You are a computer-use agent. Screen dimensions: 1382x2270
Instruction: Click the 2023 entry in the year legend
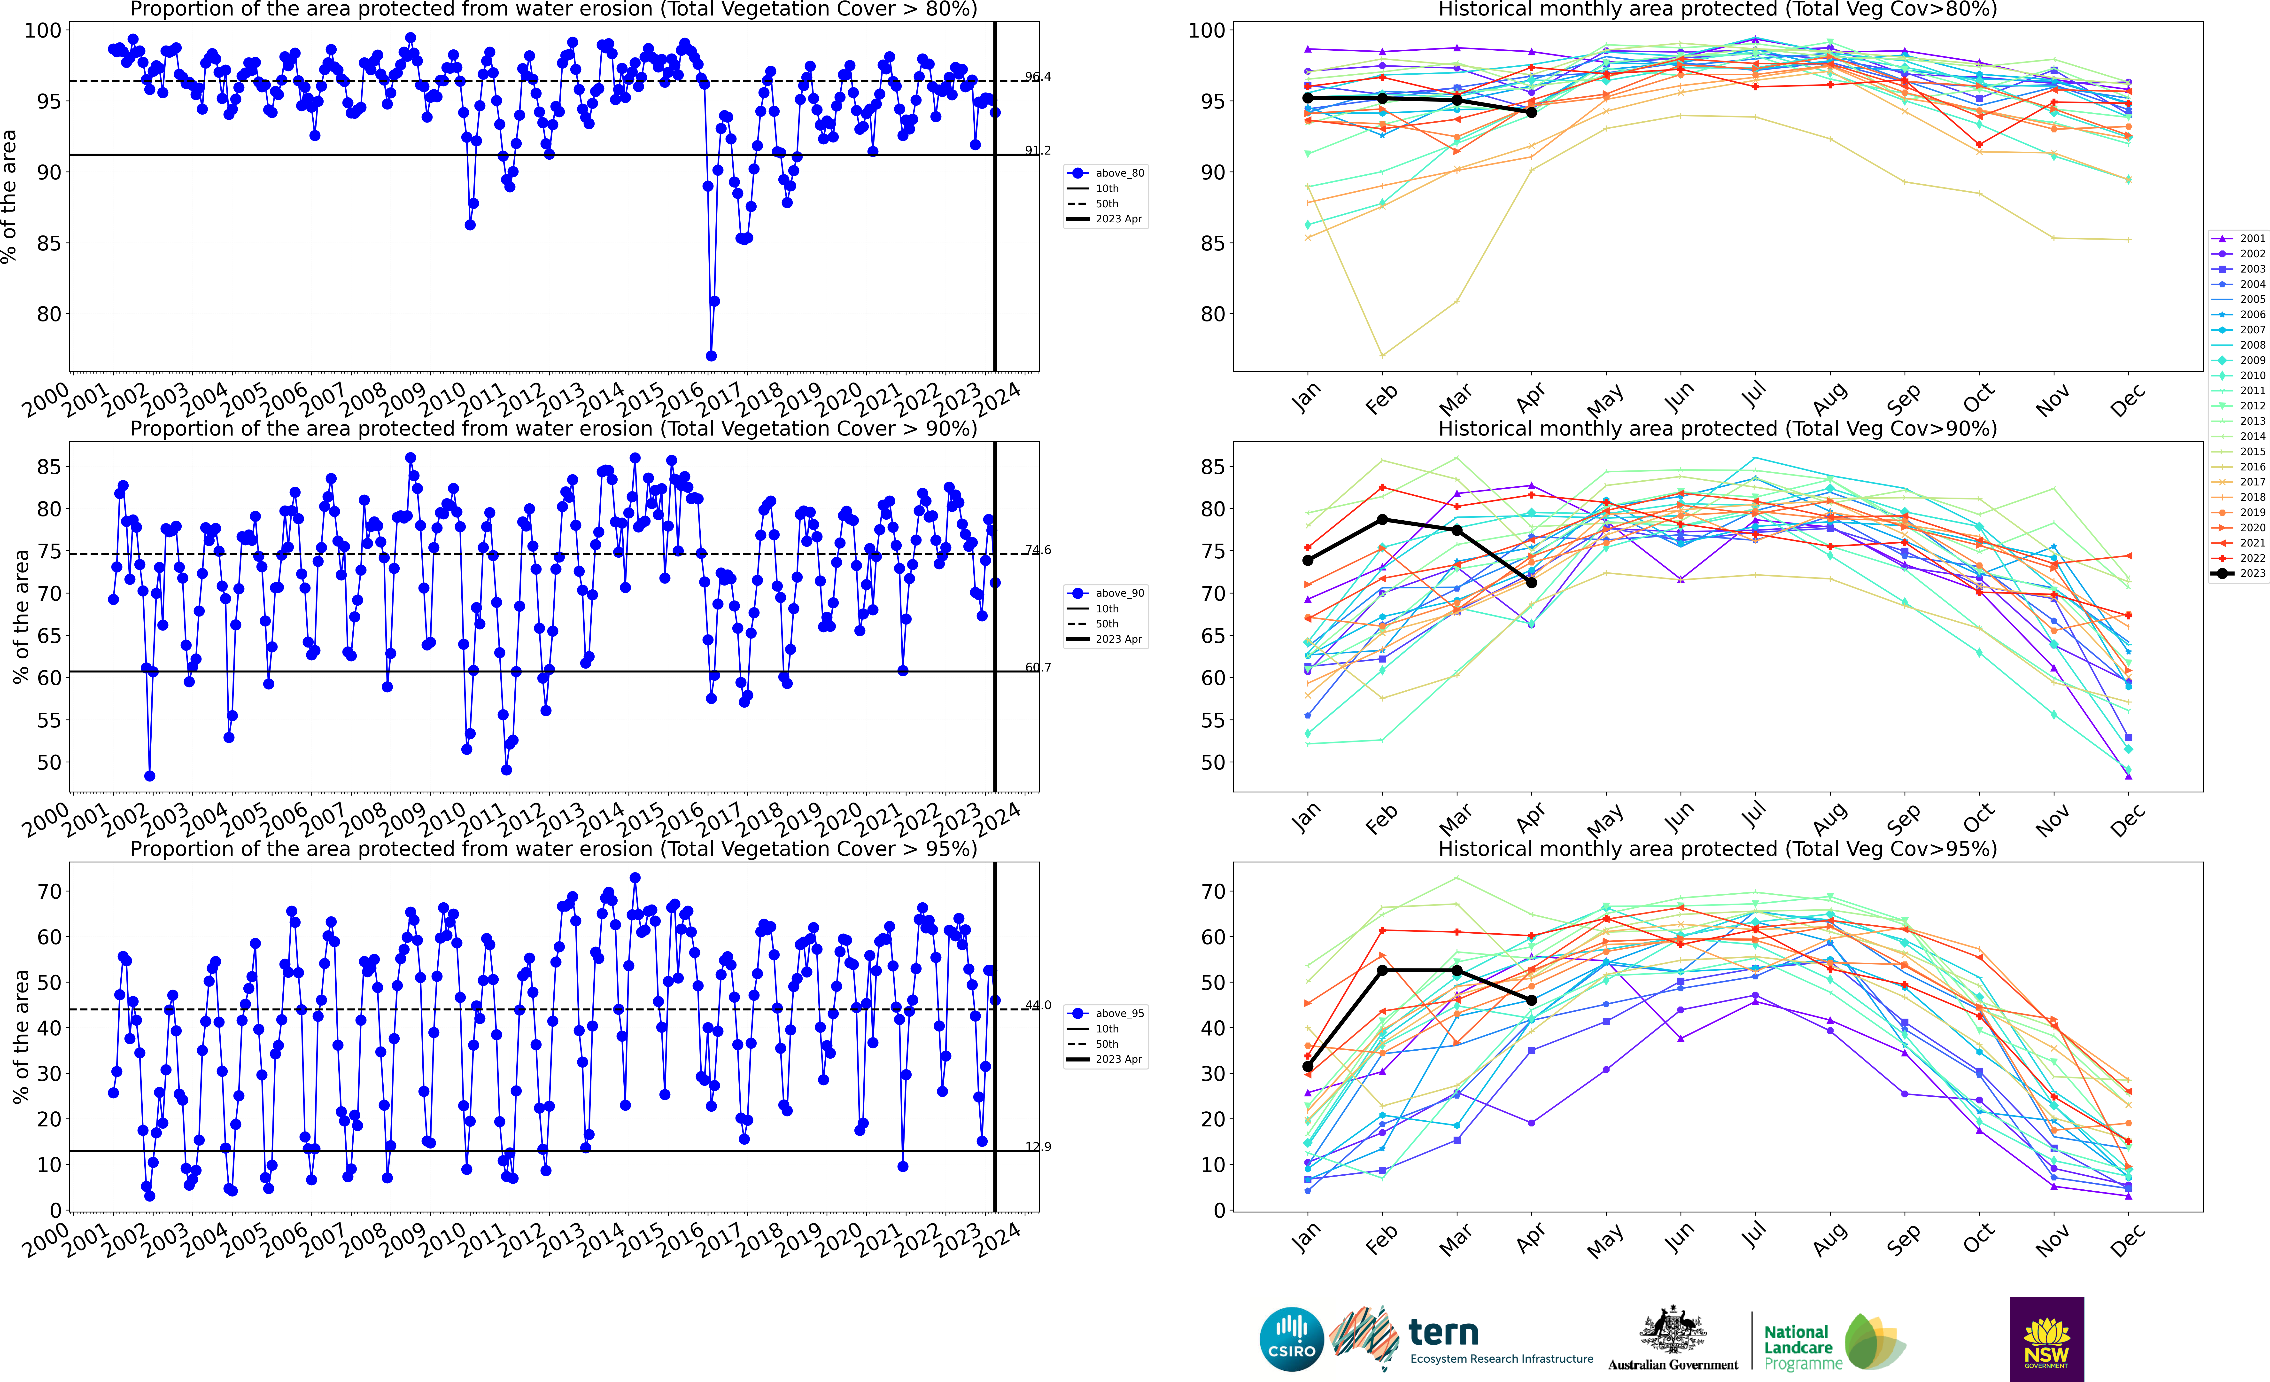click(2245, 573)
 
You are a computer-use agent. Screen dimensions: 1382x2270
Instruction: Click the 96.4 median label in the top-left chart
click(1037, 77)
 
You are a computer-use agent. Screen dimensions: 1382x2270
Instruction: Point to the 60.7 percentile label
click(1037, 667)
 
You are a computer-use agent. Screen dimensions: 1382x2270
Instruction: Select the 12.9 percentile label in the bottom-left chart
click(1037, 1147)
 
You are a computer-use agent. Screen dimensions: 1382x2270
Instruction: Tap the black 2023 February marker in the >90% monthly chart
click(1382, 520)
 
